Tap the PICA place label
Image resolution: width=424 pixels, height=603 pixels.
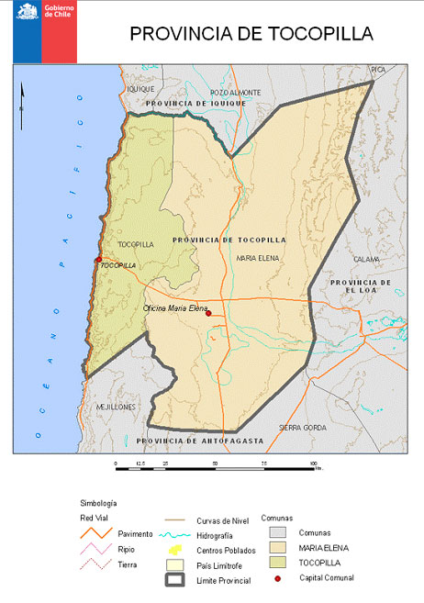[377, 70]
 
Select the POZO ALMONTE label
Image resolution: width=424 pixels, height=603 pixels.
[236, 93]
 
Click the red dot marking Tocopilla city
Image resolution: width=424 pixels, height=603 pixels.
[98, 260]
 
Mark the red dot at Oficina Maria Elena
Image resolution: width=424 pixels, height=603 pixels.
[208, 314]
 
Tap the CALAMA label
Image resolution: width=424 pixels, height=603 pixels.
[366, 259]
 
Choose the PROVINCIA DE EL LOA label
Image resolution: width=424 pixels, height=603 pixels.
[362, 285]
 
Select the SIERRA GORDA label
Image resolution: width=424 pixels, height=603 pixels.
[302, 428]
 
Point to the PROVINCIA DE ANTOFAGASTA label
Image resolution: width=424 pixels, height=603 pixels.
[199, 441]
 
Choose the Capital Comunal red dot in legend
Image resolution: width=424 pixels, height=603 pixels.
[276, 577]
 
